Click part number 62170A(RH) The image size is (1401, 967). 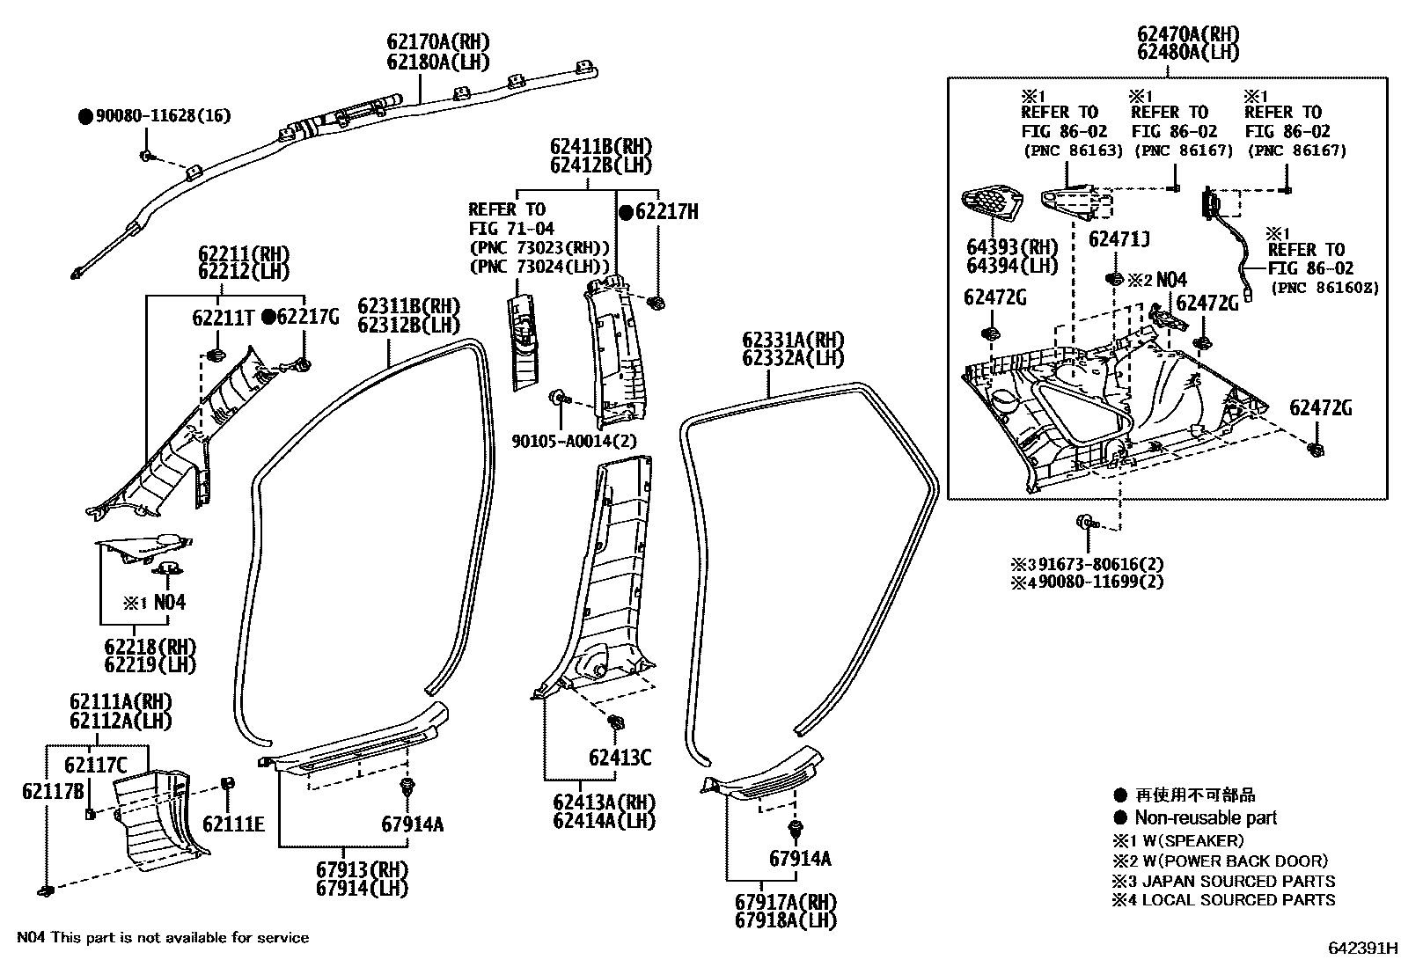pos(436,42)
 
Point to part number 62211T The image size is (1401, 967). pos(224,318)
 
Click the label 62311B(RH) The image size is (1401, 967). pos(408,307)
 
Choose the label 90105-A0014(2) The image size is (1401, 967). pos(574,441)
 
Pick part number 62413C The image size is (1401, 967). pos(620,758)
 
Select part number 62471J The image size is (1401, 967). pos(1119,240)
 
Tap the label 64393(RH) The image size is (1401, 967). pos(1012,247)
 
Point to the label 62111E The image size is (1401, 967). pos(233,824)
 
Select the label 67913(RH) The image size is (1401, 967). pos(363,869)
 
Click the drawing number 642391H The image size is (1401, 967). pos(1362,949)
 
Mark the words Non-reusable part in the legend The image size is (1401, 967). pos(1205,818)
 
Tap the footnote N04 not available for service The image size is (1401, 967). pos(163,938)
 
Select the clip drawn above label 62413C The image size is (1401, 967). pos(616,723)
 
